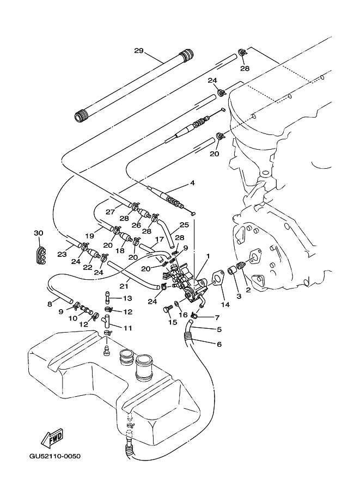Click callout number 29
coord(138,51)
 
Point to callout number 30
coord(38,233)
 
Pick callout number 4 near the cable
coord(193,183)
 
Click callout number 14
coord(225,305)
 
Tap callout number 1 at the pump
coord(208,255)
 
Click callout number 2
coord(248,291)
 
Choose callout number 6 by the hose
coord(219,344)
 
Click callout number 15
coord(172,322)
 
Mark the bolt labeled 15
coord(167,309)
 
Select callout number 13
coord(127,298)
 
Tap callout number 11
coord(127,328)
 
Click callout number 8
coord(50,304)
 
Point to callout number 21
coord(124,285)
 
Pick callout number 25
coord(184,224)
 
